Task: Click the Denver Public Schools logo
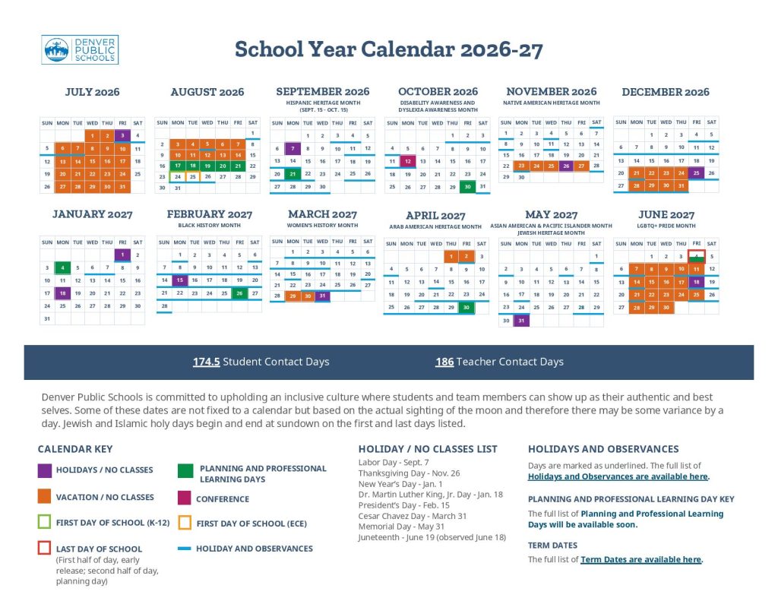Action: coord(80,50)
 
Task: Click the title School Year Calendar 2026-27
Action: coord(388,50)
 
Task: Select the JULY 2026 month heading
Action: coord(92,92)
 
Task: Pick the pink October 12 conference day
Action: coord(407,161)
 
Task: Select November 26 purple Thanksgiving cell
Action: coord(566,166)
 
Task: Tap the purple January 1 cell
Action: coord(122,255)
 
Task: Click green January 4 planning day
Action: coord(62,267)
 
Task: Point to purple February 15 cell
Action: coord(179,280)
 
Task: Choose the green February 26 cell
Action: coord(239,293)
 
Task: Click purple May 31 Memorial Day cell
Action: coord(521,321)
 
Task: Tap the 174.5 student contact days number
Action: coord(207,362)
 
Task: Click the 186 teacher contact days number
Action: coord(444,362)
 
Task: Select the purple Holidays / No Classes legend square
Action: coord(44,470)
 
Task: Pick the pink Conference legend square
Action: coord(185,498)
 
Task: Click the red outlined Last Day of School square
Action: coord(44,548)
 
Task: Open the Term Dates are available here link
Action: coord(640,560)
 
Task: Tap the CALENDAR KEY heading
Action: coord(75,449)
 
